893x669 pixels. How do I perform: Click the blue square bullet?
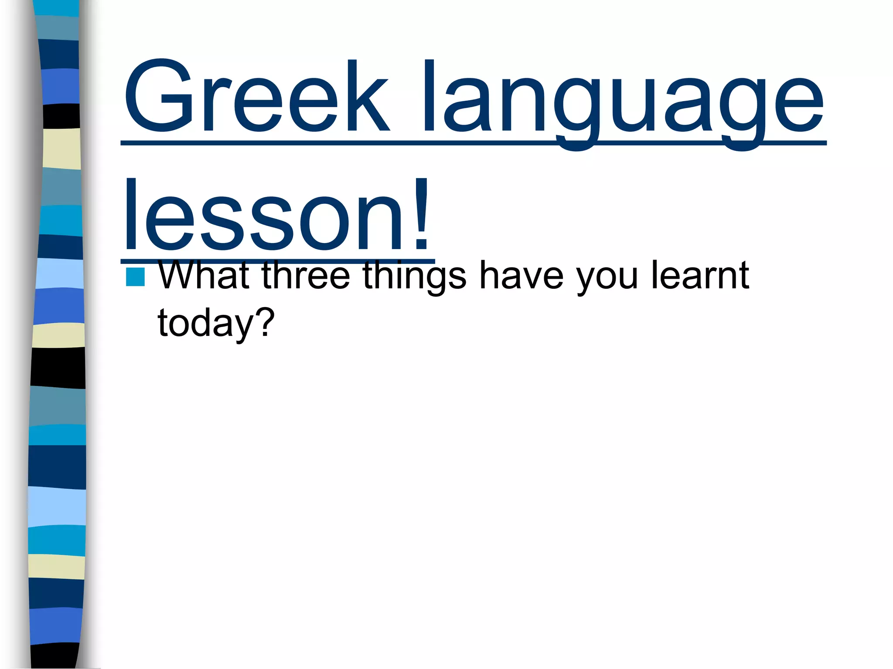point(135,277)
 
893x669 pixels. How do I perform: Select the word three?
point(306,275)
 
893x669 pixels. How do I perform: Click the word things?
point(414,277)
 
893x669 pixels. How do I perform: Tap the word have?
point(521,275)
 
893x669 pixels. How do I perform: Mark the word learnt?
point(700,275)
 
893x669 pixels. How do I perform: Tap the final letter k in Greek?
point(366,96)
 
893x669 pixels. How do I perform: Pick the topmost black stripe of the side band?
point(61,116)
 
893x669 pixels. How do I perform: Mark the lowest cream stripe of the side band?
point(57,567)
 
